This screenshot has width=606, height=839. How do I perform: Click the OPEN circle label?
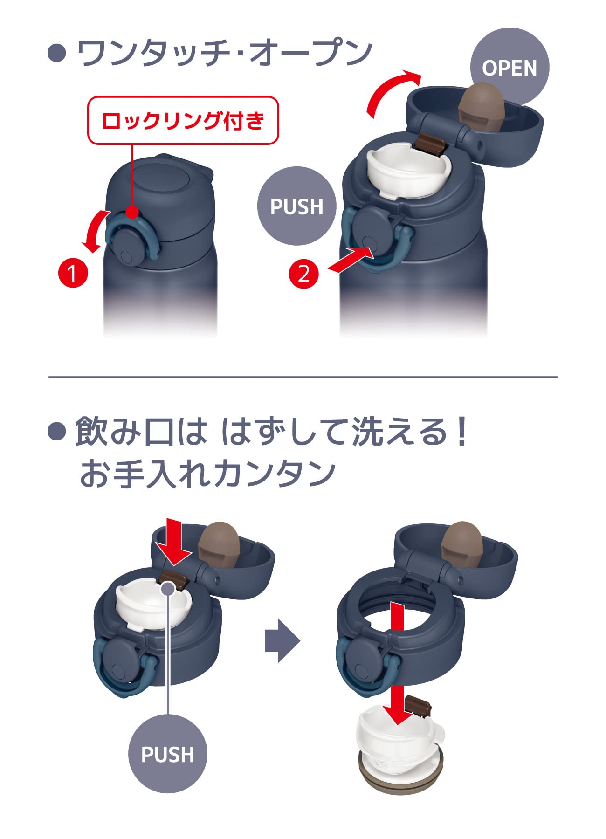[x=510, y=68]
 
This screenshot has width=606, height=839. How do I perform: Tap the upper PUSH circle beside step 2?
[x=297, y=206]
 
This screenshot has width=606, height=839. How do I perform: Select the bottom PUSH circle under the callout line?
[x=167, y=754]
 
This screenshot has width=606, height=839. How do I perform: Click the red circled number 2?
[x=303, y=273]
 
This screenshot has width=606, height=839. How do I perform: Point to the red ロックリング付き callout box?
[x=183, y=121]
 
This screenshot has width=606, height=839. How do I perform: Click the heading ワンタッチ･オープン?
[x=224, y=53]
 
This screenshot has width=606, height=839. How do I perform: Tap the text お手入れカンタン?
[x=208, y=474]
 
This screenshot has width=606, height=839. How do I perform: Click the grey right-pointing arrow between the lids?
[x=282, y=640]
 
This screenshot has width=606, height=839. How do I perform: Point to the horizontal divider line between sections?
[x=303, y=377]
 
